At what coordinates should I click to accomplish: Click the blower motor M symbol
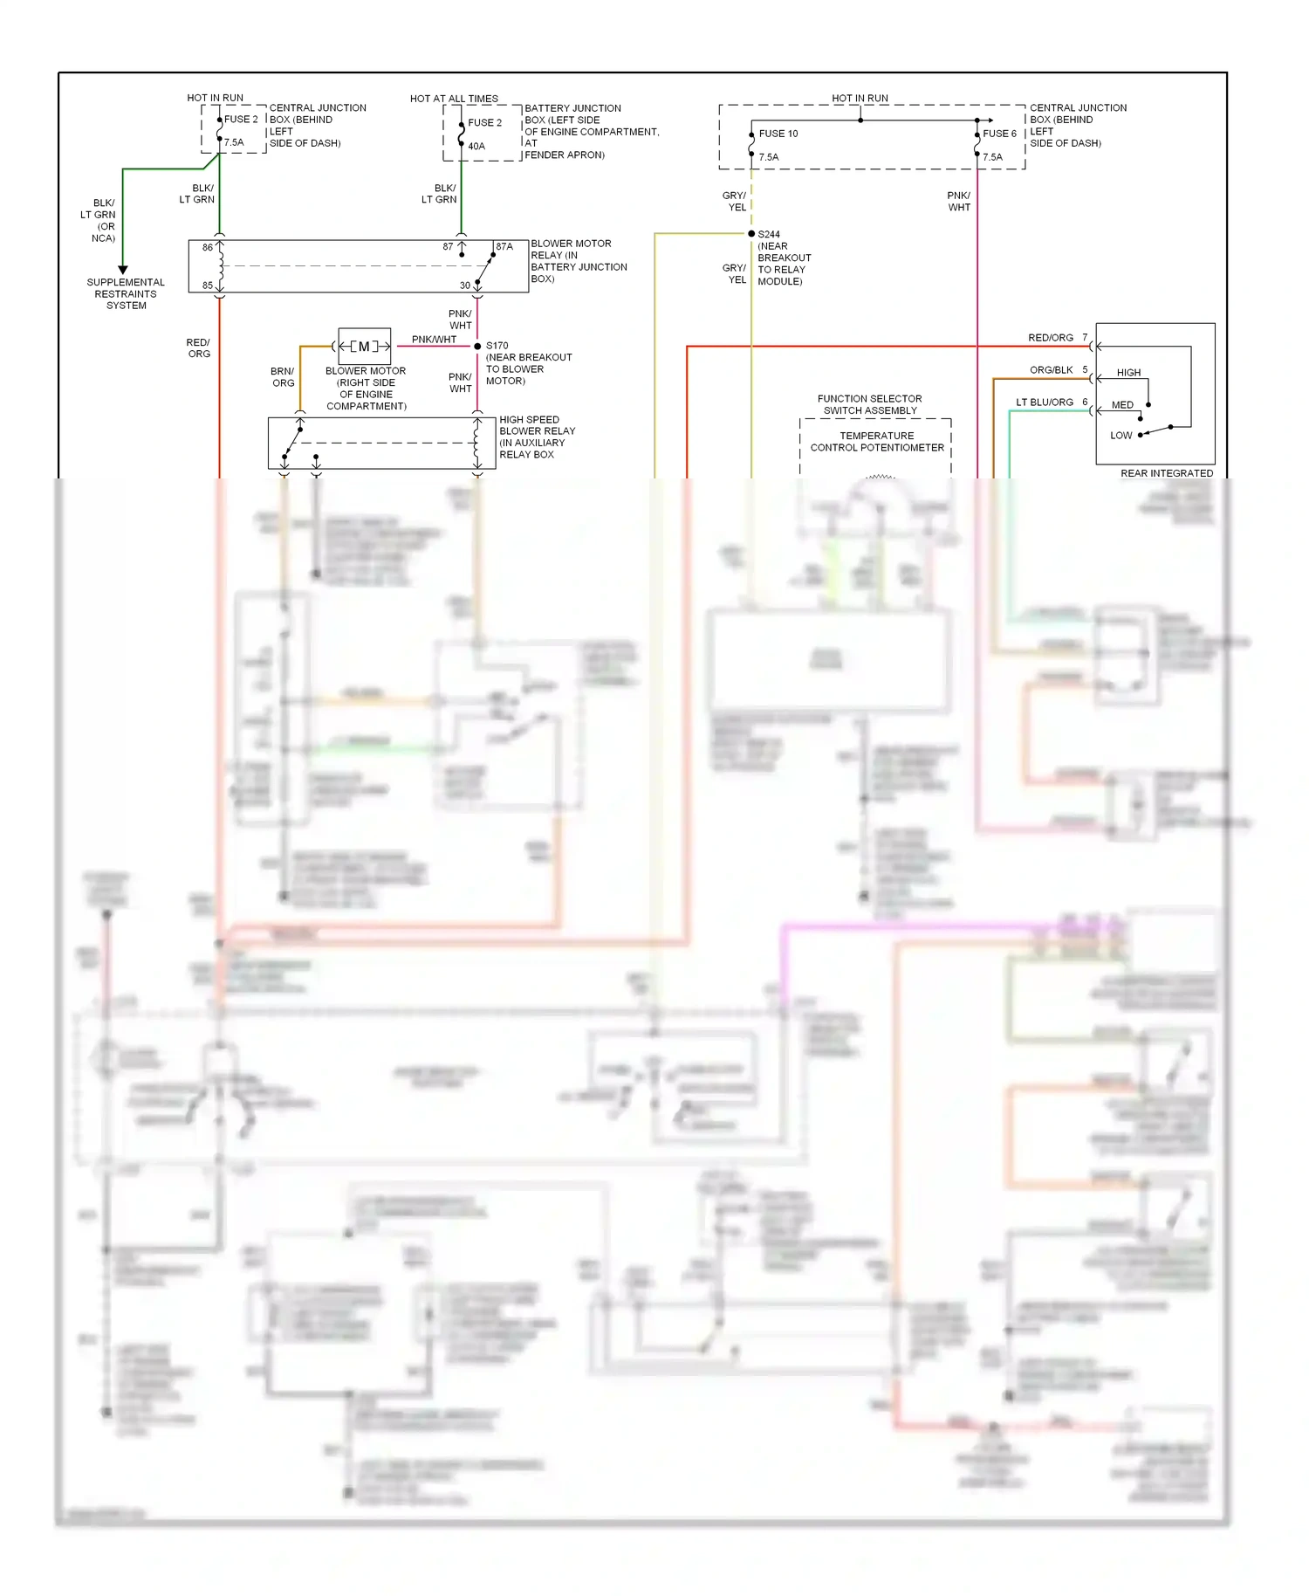(x=364, y=347)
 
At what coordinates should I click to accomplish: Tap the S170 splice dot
(x=477, y=347)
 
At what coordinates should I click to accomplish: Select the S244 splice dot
(x=751, y=234)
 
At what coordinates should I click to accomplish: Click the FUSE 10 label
(x=778, y=134)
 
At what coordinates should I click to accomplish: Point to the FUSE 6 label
(x=999, y=134)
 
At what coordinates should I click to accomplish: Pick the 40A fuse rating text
(x=476, y=147)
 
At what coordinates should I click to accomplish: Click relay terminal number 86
(x=208, y=248)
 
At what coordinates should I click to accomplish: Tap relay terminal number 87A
(x=504, y=247)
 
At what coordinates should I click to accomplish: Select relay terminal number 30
(x=465, y=285)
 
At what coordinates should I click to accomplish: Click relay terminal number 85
(x=208, y=285)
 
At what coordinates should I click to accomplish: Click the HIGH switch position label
(x=1128, y=373)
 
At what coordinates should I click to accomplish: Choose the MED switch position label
(x=1122, y=405)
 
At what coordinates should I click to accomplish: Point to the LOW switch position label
(x=1121, y=436)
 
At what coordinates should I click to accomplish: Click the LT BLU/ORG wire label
(x=1045, y=402)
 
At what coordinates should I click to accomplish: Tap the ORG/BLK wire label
(x=1051, y=370)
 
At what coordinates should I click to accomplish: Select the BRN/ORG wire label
(x=283, y=377)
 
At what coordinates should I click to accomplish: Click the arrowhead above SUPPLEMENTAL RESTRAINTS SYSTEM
(x=123, y=270)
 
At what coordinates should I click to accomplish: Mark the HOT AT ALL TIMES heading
(x=454, y=99)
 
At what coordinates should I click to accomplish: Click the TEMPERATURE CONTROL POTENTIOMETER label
(x=877, y=442)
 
